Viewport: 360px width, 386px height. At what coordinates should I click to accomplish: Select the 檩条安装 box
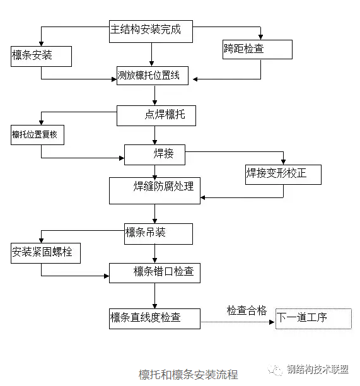coord(41,56)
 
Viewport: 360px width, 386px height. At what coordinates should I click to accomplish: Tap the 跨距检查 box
coord(257,49)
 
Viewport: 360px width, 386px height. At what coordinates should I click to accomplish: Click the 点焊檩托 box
coord(155,115)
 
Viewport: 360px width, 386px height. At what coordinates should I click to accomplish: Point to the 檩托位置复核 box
coord(37,135)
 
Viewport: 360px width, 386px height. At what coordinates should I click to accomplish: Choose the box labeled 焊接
coord(155,155)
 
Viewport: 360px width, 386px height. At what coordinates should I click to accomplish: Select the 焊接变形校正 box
coord(283,174)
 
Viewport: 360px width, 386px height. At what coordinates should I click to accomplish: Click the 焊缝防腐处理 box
coord(154,190)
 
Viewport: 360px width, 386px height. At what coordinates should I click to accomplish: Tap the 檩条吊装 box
coord(158,233)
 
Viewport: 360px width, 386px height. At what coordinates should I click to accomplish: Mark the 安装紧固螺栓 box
coord(45,254)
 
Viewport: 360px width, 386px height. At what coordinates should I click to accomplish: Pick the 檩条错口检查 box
coord(154,272)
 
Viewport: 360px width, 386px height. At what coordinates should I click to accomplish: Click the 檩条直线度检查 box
coord(154,318)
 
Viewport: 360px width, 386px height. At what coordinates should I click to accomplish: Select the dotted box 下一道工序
coord(313,318)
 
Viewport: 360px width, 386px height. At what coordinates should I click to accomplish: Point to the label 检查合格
coord(247,310)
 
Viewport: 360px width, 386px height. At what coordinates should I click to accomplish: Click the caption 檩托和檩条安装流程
coord(188,374)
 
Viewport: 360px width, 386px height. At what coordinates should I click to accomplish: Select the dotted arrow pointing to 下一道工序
coord(238,322)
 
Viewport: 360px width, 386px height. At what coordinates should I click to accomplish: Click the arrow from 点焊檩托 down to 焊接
coord(155,135)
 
